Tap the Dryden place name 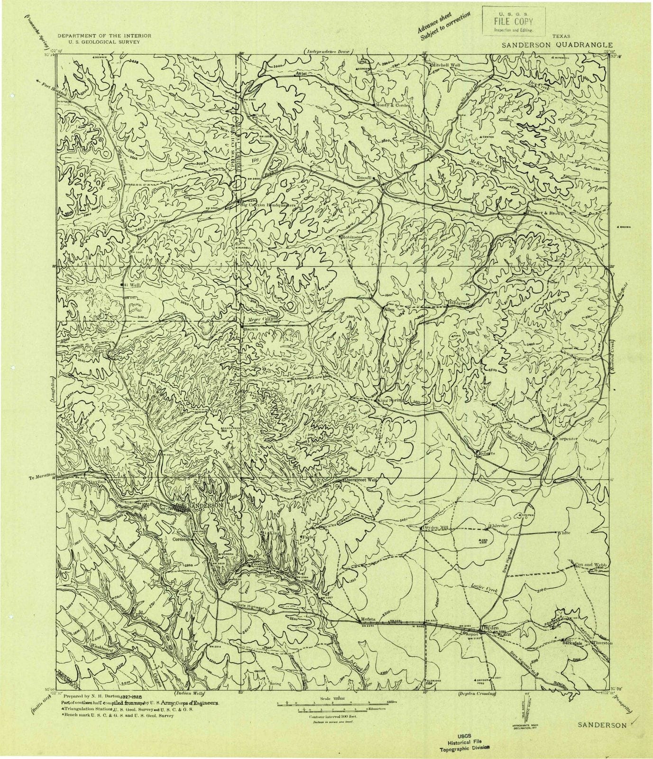pyautogui.click(x=490, y=628)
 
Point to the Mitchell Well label pyautogui.click(x=446, y=65)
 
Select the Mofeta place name pyautogui.click(x=368, y=620)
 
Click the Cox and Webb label pyautogui.click(x=591, y=565)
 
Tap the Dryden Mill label pyautogui.click(x=435, y=528)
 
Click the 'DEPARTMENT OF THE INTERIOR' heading pyautogui.click(x=104, y=36)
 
